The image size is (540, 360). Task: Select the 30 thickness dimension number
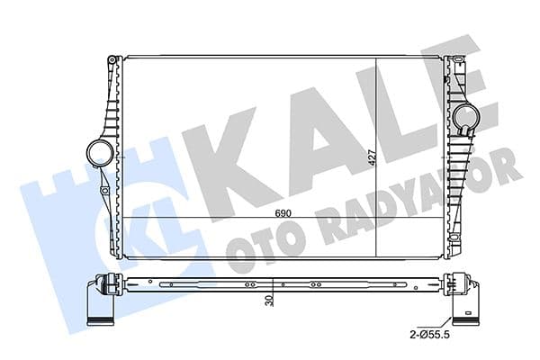coord(269,303)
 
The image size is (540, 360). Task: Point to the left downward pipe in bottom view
coord(98,306)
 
